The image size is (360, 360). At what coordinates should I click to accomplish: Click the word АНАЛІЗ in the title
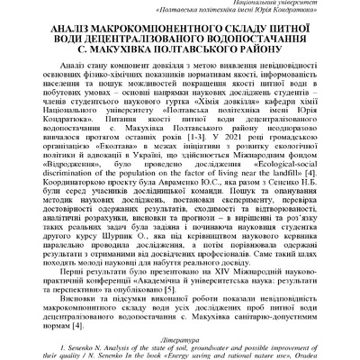[x=57, y=30]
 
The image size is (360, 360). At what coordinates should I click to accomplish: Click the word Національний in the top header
[x=249, y=3]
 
